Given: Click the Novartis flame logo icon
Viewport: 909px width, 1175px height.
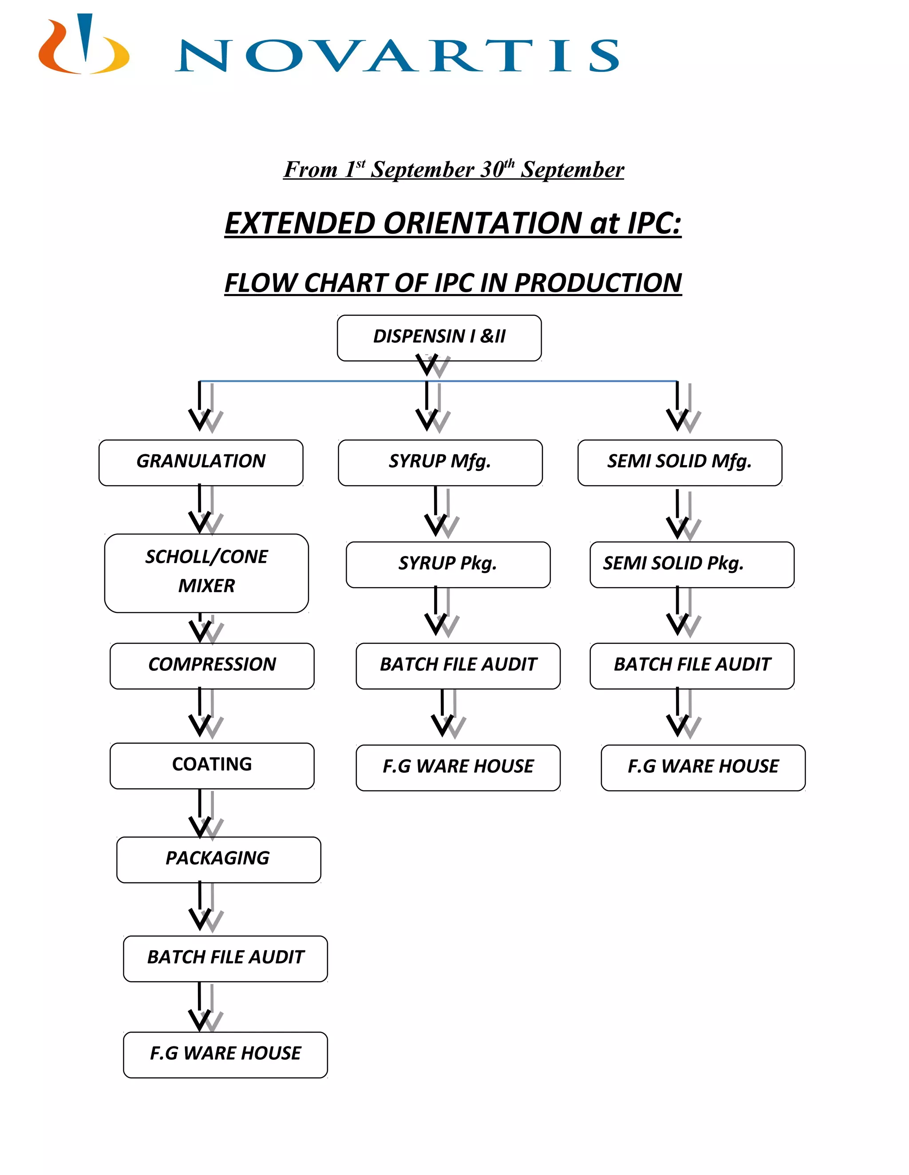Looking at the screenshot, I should pyautogui.click(x=83, y=46).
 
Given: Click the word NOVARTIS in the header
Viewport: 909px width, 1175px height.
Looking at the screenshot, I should pyautogui.click(x=397, y=55).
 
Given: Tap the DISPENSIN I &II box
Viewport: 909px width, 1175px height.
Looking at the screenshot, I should pyautogui.click(x=439, y=337).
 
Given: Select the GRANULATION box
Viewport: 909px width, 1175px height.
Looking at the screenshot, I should pyautogui.click(x=201, y=462).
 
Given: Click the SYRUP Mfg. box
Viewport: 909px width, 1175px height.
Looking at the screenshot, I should pyautogui.click(x=440, y=462).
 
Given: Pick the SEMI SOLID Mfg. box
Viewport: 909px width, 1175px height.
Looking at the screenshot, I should pyautogui.click(x=679, y=462).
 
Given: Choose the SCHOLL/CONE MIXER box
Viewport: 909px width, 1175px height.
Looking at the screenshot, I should pyautogui.click(x=206, y=572).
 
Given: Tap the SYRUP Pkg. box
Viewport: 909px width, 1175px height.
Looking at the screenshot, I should pyautogui.click(x=447, y=564).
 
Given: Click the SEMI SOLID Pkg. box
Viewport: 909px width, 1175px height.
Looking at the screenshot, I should pyautogui.click(x=692, y=564).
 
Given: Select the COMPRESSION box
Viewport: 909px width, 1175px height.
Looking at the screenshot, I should pyautogui.click(x=212, y=665).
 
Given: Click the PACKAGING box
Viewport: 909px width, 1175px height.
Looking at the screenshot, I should pyautogui.click(x=218, y=859).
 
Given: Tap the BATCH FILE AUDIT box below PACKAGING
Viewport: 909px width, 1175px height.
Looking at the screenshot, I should pyautogui.click(x=225, y=958).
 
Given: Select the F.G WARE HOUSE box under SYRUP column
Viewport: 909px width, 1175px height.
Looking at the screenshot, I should pyautogui.click(x=458, y=767).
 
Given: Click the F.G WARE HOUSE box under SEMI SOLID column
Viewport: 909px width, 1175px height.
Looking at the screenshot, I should pyautogui.click(x=703, y=767).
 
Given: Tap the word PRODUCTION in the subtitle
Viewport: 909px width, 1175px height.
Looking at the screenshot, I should pyautogui.click(x=598, y=283).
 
